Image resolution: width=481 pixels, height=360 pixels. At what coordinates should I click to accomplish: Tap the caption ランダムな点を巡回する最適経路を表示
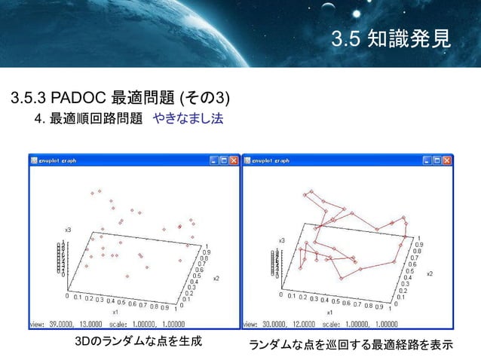[350, 345]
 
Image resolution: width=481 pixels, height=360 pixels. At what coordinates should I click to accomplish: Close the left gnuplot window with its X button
[234, 160]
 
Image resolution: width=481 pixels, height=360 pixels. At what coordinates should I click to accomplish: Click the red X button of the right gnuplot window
[448, 160]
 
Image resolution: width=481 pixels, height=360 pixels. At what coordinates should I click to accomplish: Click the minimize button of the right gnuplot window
[427, 160]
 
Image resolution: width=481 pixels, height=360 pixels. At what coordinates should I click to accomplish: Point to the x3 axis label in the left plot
[68, 229]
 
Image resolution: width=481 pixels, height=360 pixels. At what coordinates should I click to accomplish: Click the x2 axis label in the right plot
[429, 274]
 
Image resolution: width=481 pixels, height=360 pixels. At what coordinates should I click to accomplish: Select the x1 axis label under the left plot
[115, 311]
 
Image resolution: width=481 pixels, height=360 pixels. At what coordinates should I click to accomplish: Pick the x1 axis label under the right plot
[329, 311]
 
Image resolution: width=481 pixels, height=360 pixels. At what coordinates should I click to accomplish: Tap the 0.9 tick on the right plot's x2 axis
[418, 245]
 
